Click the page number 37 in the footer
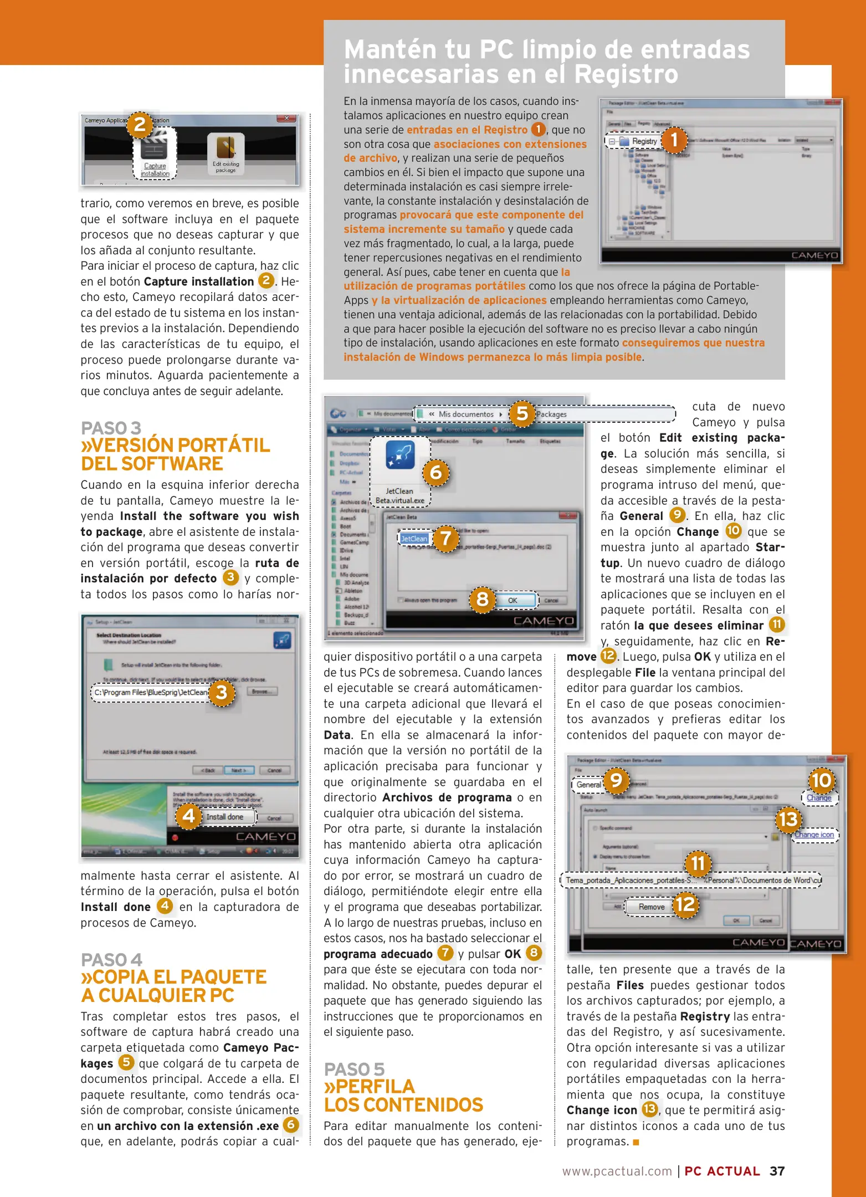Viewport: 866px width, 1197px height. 777,1171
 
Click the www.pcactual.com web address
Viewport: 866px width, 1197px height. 617,1172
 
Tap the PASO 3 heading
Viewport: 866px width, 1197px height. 111,428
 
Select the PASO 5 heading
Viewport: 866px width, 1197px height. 354,1069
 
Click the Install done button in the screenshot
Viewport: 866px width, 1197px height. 226,817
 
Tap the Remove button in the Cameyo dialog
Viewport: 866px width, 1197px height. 651,907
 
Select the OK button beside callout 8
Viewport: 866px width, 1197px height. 513,600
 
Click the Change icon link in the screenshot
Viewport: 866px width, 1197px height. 814,835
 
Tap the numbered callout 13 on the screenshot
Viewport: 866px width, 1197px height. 788,819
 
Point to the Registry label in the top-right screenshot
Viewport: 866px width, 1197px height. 644,141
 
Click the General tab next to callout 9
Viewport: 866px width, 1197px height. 588,785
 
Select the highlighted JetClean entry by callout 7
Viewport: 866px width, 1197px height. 414,539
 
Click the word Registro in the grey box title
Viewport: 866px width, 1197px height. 626,74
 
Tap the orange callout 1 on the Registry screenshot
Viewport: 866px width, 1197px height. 674,140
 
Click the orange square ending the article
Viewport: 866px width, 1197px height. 636,1142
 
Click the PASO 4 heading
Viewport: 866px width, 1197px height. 111,959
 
